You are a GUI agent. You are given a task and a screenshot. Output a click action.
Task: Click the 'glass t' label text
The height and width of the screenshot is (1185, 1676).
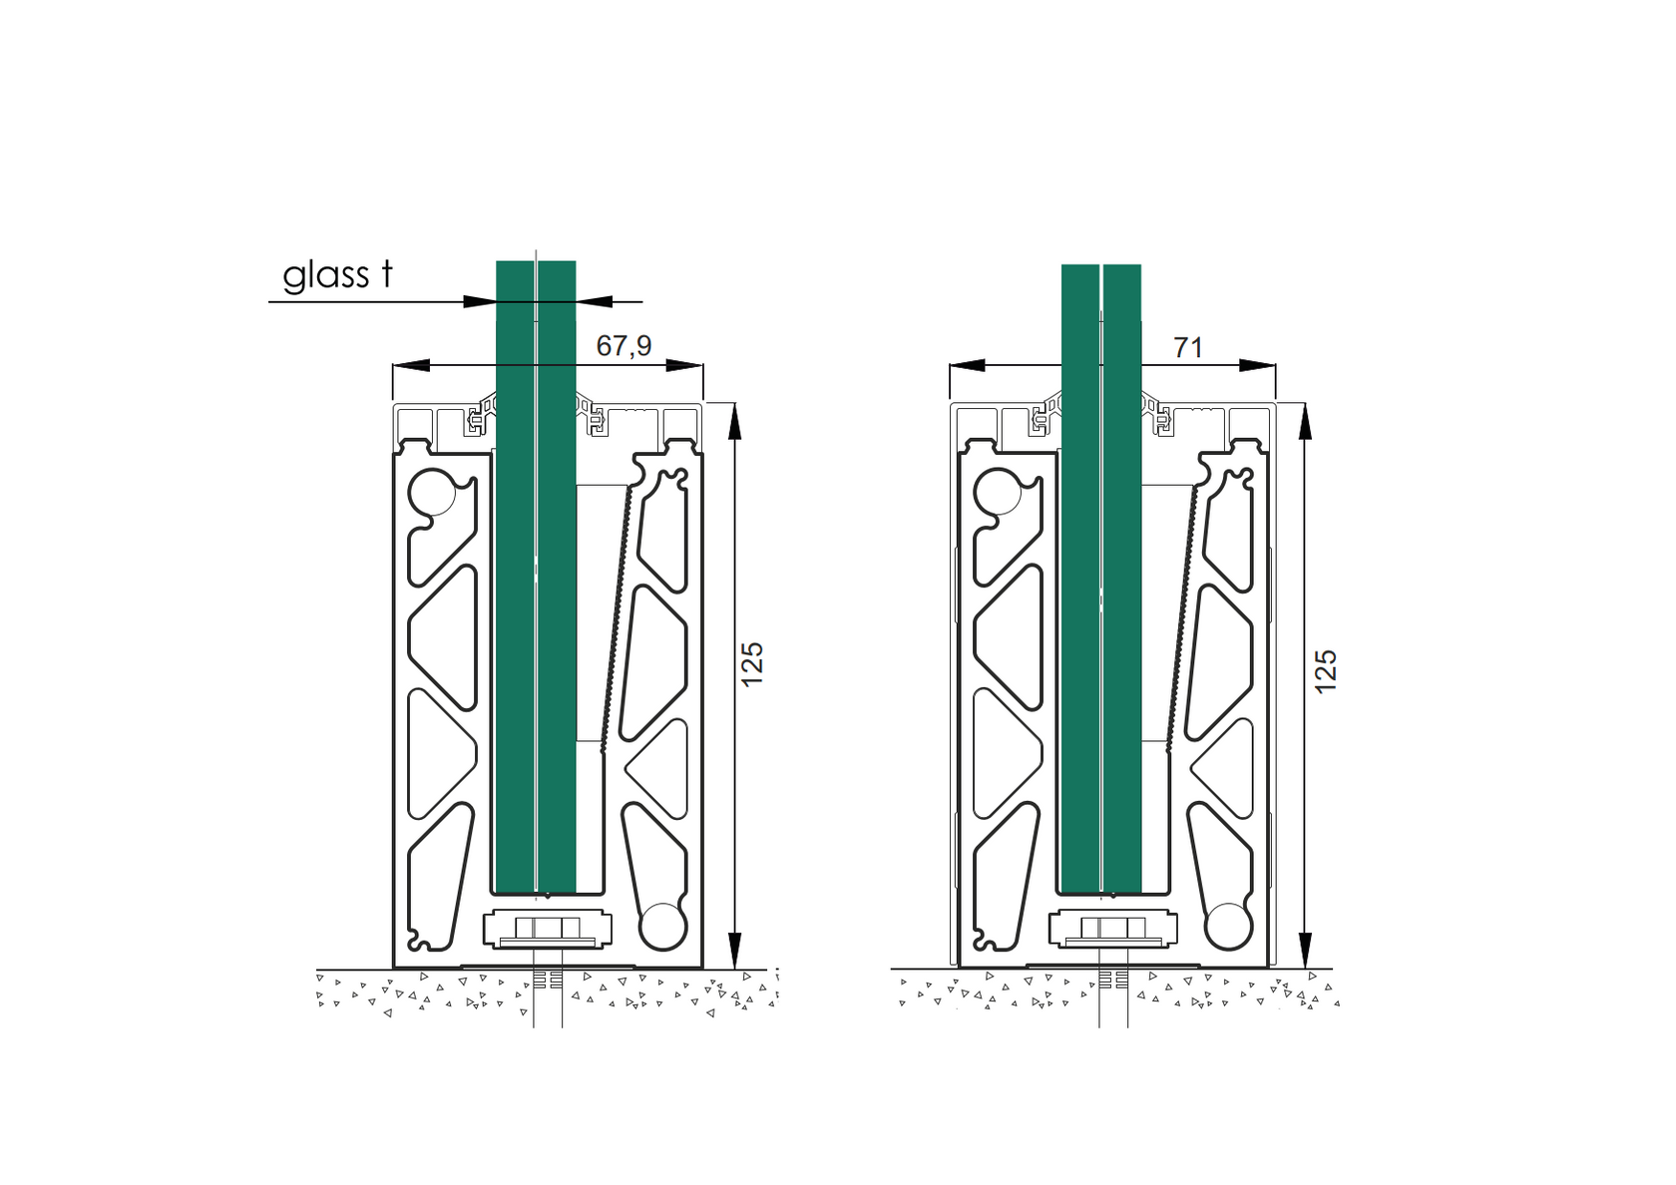click(x=337, y=275)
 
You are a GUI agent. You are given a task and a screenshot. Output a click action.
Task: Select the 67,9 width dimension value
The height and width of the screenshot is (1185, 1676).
click(x=624, y=345)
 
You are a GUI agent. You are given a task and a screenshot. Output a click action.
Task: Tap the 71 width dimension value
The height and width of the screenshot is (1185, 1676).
click(x=1187, y=347)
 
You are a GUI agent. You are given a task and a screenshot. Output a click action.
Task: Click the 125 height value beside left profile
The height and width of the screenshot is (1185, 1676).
click(x=752, y=663)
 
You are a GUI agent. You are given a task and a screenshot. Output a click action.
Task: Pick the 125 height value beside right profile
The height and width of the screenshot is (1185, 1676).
click(x=1325, y=671)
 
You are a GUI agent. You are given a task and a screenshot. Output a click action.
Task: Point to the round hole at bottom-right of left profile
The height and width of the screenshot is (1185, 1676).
click(x=661, y=926)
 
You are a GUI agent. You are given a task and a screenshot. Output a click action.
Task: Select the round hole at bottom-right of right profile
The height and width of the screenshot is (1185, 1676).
click(x=1227, y=926)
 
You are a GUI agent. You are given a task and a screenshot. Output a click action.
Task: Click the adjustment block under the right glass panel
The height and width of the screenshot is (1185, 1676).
click(x=1112, y=929)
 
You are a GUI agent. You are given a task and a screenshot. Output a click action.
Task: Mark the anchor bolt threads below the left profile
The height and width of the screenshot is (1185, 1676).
click(x=547, y=981)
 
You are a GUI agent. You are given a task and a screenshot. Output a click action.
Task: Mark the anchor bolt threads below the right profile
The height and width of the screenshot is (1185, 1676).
click(x=1113, y=981)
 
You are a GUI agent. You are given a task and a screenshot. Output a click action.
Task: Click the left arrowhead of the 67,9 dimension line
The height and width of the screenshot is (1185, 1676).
click(x=411, y=365)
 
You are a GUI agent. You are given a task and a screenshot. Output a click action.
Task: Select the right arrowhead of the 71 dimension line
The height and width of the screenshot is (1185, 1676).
click(x=1258, y=366)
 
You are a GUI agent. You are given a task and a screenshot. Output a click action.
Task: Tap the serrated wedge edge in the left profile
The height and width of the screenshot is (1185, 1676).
click(x=615, y=613)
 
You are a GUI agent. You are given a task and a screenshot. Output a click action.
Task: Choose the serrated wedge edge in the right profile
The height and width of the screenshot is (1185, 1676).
click(x=1181, y=613)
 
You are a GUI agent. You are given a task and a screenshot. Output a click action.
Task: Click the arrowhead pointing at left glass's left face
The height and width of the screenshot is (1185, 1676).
click(x=480, y=301)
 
